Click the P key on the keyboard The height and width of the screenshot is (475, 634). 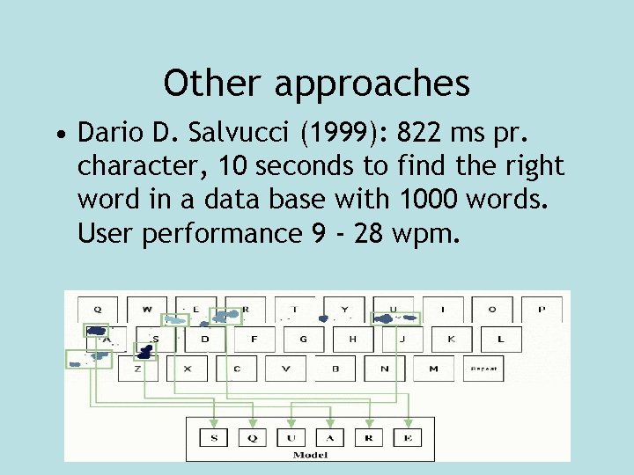(542, 310)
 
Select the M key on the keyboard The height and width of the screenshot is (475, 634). (433, 369)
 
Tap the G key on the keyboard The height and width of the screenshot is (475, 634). (303, 339)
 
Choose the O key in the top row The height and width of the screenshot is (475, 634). (492, 310)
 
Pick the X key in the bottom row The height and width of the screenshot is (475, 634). (188, 369)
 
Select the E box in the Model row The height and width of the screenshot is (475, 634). (407, 437)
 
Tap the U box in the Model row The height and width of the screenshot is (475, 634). (291, 437)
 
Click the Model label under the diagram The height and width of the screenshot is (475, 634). (310, 455)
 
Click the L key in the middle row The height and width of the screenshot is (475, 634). (500, 339)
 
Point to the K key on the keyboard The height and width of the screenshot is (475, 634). (451, 339)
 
